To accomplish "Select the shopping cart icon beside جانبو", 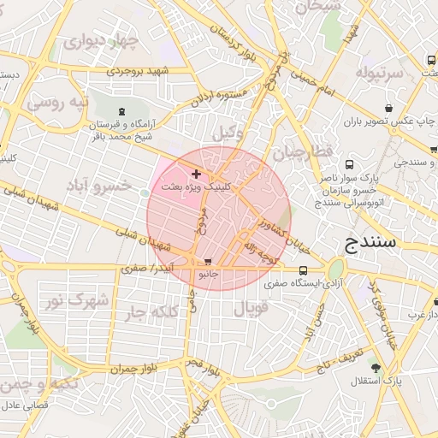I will pos(208,263).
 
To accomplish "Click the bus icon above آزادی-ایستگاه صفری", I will pos(302,271).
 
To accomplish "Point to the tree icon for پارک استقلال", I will pos(376,367).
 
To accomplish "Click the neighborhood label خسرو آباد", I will pos(124,185).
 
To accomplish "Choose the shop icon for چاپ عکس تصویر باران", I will pos(389,109).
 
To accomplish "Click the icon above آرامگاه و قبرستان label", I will pos(121,111).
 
